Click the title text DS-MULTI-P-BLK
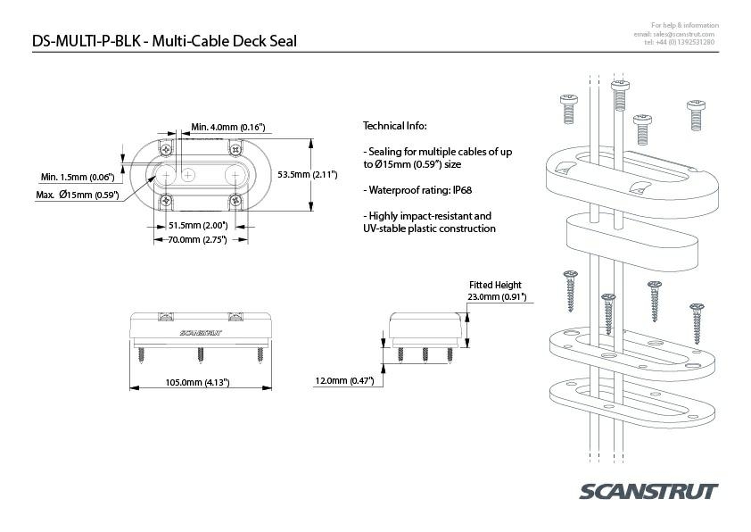[x=84, y=41]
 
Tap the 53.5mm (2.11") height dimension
[x=307, y=174]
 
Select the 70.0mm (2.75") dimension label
[x=197, y=239]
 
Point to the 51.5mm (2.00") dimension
[x=197, y=225]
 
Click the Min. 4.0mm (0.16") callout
[x=226, y=128]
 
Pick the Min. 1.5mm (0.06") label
[x=77, y=177]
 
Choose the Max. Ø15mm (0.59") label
[x=78, y=195]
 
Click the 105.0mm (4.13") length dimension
[x=198, y=382]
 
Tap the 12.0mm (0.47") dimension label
[x=343, y=381]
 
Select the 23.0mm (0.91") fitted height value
[x=497, y=296]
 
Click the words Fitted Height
[x=495, y=285]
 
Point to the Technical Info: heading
[x=394, y=126]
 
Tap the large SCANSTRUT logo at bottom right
[x=648, y=493]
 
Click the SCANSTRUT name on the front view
[x=200, y=332]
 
